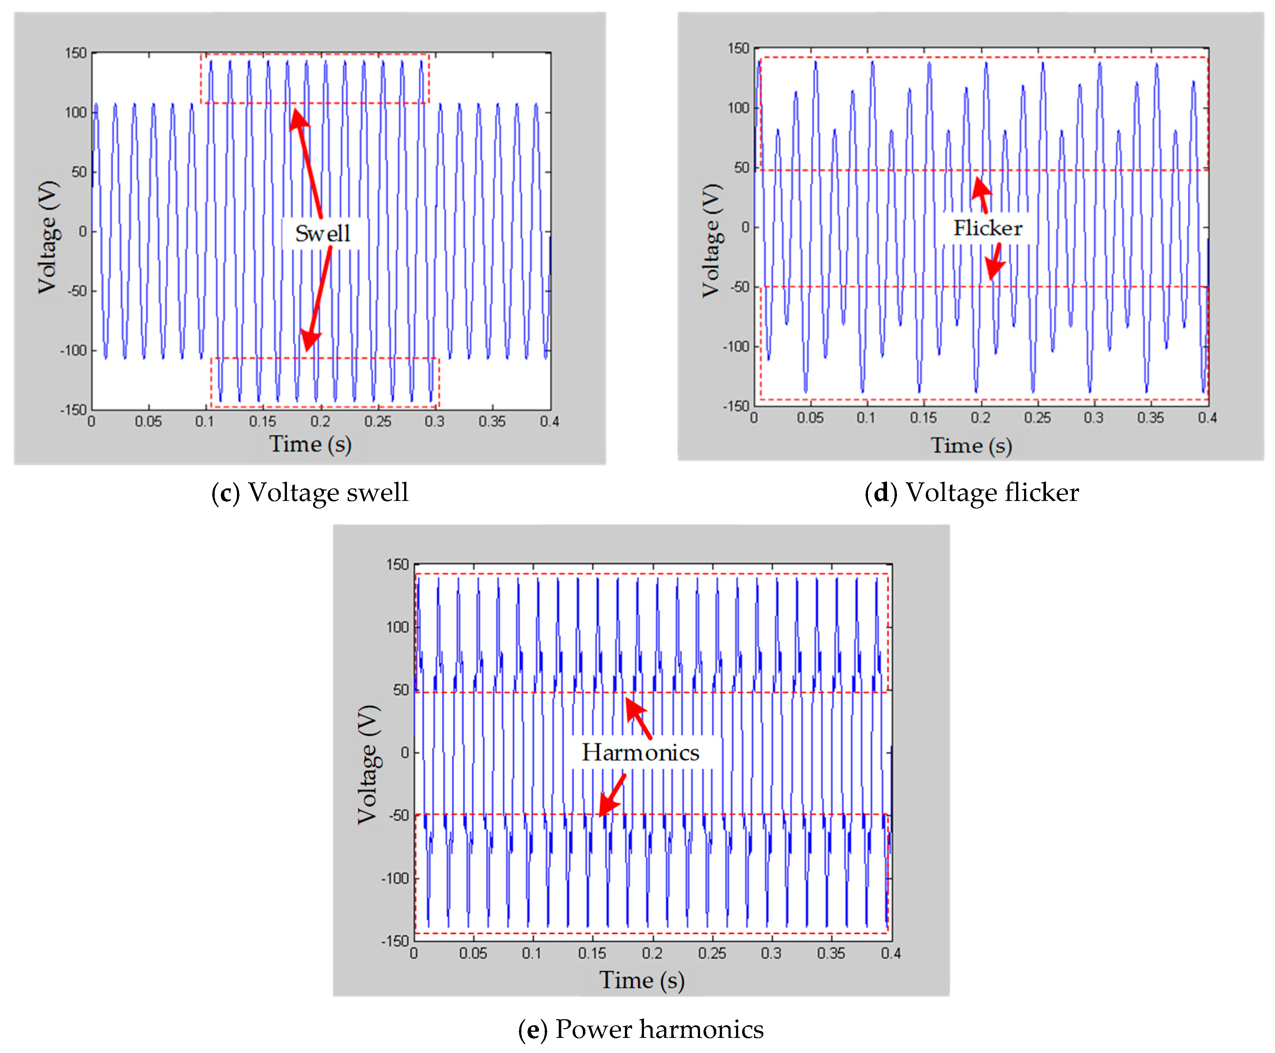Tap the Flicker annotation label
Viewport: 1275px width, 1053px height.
(988, 228)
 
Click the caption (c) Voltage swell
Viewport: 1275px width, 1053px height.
(310, 492)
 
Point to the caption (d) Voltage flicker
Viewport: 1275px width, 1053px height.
(971, 492)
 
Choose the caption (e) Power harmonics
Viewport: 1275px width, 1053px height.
(641, 1029)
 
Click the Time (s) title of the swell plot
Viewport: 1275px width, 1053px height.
(310, 444)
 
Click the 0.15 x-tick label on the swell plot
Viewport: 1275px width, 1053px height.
(262, 421)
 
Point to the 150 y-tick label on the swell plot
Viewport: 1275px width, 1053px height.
(76, 53)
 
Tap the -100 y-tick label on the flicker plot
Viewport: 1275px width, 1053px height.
(736, 346)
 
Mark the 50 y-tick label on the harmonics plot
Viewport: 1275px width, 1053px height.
(401, 690)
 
